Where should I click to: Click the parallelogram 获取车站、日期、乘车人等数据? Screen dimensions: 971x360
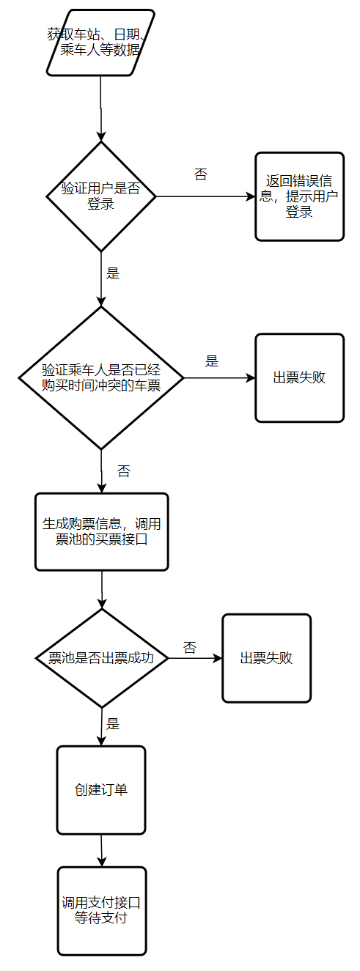[x=100, y=43]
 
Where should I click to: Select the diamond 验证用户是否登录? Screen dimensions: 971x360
[x=100, y=196]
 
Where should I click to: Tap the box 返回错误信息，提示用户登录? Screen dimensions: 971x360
[x=299, y=196]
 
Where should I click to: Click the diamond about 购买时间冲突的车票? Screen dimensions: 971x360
[x=100, y=377]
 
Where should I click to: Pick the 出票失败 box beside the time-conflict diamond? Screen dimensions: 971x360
[x=299, y=378]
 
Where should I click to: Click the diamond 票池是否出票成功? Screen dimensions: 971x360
[x=102, y=658]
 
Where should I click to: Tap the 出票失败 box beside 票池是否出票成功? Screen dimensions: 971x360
[x=266, y=658]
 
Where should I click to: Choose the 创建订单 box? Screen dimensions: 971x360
[x=101, y=790]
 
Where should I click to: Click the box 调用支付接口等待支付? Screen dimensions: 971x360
[x=102, y=911]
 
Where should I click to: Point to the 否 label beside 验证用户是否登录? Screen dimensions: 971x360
[x=200, y=174]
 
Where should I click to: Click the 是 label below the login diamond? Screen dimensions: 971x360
[x=113, y=273]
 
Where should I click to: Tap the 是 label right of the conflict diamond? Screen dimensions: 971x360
[x=212, y=361]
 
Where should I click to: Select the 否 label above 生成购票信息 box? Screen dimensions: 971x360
[x=123, y=471]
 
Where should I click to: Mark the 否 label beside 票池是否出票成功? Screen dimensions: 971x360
[x=190, y=647]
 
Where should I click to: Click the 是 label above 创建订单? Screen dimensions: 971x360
[x=113, y=724]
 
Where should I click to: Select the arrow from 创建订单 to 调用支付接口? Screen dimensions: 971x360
[x=101, y=850]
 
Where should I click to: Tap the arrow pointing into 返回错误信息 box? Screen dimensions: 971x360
[x=205, y=196]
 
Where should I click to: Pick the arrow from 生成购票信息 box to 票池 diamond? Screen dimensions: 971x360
[x=102, y=589]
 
